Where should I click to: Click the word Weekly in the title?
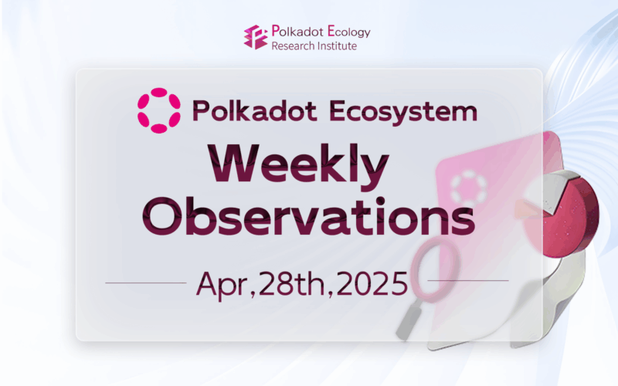pyautogui.click(x=298, y=167)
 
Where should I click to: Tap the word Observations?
pyautogui.click(x=308, y=216)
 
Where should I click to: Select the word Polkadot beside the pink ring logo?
pyautogui.click(x=255, y=110)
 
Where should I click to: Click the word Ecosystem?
pyautogui.click(x=403, y=112)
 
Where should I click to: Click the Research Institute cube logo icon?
pyautogui.click(x=256, y=37)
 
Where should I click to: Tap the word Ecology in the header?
pyautogui.click(x=349, y=32)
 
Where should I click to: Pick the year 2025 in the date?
pyautogui.click(x=372, y=283)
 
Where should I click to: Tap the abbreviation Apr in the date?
pyautogui.click(x=222, y=286)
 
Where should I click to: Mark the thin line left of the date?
pyautogui.click(x=146, y=283)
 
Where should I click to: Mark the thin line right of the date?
pyautogui.click(x=468, y=281)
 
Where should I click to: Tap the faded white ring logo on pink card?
pyautogui.click(x=468, y=189)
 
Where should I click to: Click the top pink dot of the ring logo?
pyautogui.click(x=159, y=92)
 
